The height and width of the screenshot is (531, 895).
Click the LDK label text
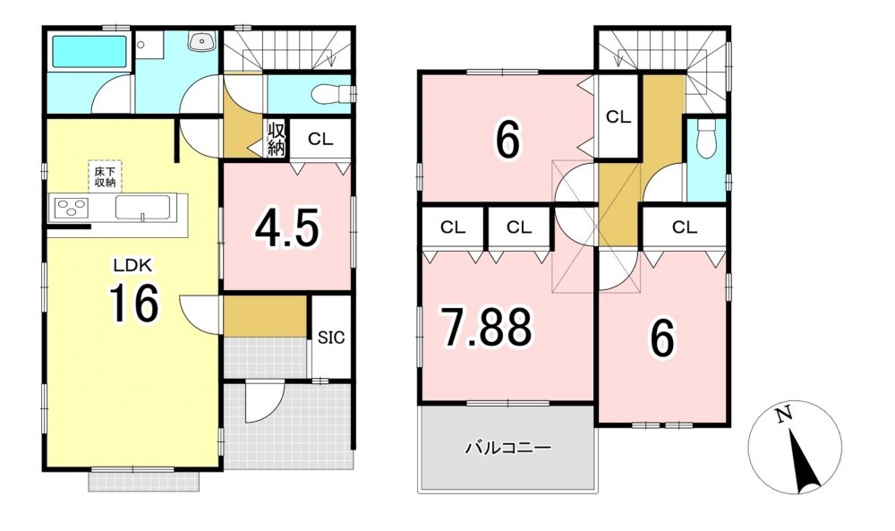[132, 265]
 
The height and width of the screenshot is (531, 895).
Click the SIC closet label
[331, 338]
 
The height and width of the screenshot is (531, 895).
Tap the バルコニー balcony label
[507, 448]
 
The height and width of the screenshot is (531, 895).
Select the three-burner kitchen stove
[72, 207]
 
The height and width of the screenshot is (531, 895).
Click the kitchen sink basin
[142, 207]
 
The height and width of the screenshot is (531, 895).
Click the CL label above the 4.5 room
[320, 139]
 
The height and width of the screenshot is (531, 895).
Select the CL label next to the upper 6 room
[618, 117]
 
